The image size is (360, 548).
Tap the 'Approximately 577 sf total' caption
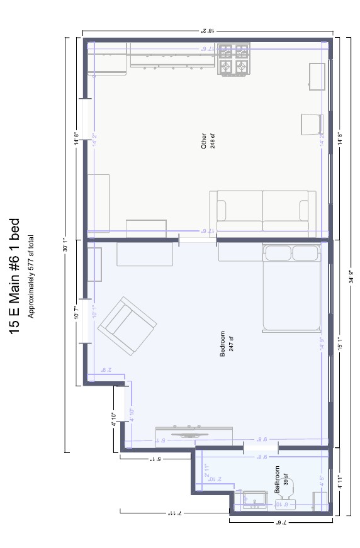30,276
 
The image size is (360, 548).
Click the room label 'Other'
203,140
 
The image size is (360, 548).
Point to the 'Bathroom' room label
277,479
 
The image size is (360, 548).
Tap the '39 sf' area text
285,479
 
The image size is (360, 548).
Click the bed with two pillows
291,288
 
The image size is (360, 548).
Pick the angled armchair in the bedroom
131,326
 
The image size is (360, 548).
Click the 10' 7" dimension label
76,311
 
